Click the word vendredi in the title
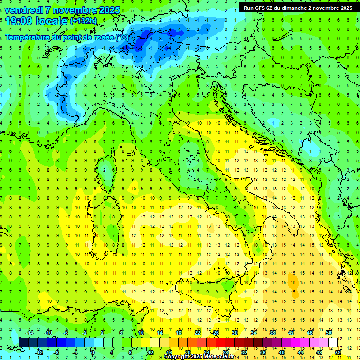(24, 10)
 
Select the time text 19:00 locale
(37, 21)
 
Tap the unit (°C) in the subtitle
(122, 37)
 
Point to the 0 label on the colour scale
(93, 352)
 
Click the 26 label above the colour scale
(216, 333)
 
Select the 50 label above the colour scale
(328, 333)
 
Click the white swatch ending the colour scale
(333, 342)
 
